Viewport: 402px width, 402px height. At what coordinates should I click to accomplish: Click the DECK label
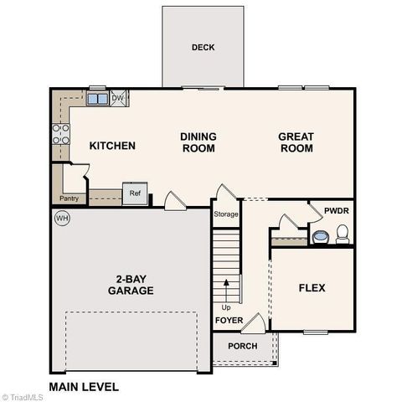pos(203,48)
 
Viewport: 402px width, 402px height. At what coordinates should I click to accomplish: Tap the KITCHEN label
pos(112,146)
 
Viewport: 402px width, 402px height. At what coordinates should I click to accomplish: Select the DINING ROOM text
pos(198,142)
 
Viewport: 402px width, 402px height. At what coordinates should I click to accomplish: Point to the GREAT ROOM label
pos(296,142)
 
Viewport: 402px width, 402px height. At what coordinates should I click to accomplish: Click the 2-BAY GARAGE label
pos(130,285)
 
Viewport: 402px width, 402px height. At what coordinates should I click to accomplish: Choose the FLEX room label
pos(312,288)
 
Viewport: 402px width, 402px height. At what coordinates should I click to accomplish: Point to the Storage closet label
pos(226,214)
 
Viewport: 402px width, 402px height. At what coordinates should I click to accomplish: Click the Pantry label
pos(69,198)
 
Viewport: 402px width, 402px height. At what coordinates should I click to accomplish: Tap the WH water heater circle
pos(61,219)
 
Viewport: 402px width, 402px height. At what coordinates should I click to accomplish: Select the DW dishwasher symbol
pos(118,98)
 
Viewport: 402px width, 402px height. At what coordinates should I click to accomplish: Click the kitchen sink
pos(96,99)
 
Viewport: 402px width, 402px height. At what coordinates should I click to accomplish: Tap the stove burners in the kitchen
pos(61,135)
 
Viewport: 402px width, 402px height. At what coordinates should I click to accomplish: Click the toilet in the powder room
pos(342,234)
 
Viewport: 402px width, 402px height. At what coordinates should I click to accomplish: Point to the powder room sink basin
pos(321,237)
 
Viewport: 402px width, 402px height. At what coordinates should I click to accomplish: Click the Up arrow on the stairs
pos(226,289)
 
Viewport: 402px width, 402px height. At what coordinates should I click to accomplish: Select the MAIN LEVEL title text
pos(84,387)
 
